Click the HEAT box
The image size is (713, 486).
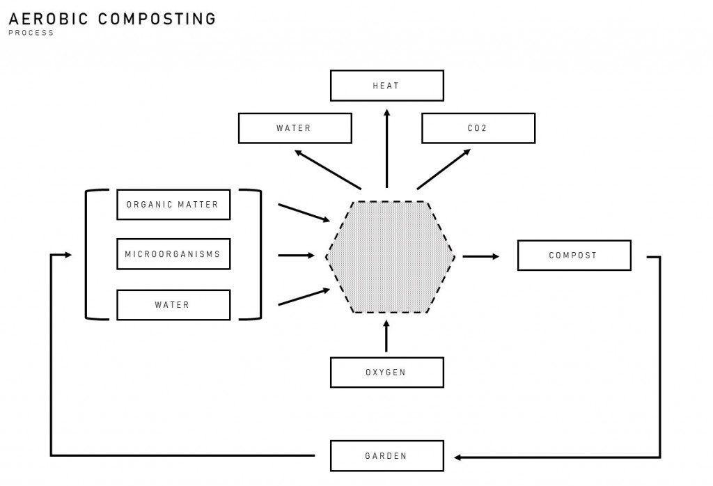coord(386,86)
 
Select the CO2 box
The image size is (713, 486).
coord(478,128)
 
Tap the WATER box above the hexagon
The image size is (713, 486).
coord(295,128)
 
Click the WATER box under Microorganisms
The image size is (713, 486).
coord(173,305)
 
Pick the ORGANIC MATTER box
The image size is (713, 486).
coord(173,205)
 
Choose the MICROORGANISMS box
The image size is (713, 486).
coord(173,254)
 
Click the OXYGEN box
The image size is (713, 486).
coord(386,373)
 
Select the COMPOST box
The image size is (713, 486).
coord(574,256)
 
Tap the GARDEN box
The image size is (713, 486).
coord(386,456)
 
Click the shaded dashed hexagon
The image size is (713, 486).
coord(390,257)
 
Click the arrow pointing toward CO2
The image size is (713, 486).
coord(444,168)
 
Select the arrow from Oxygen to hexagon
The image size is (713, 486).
coord(386,337)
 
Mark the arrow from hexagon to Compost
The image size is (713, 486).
coord(480,256)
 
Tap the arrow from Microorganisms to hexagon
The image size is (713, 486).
coord(297,256)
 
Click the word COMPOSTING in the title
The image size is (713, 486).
coord(157,19)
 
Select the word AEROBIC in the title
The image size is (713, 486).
coord(49,19)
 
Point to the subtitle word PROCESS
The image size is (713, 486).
coord(31,33)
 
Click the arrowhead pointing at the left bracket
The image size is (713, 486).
coord(68,255)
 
